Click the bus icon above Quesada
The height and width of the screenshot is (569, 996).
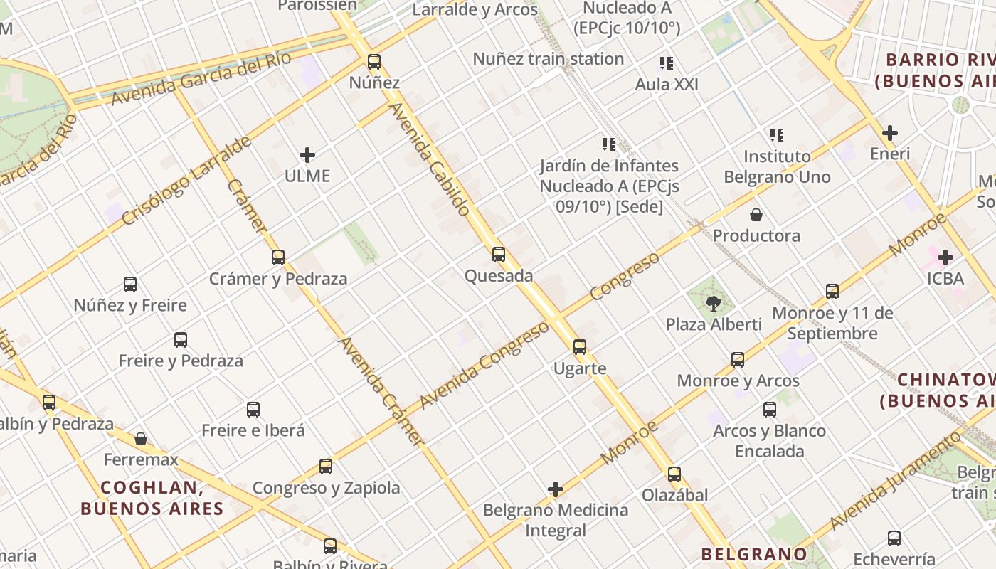coord(499,254)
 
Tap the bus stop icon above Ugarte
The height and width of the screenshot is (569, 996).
coord(580,347)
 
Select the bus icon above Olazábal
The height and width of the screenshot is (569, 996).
coord(674,474)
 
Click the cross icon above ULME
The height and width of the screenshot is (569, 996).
coord(307,154)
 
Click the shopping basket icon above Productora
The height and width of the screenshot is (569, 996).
coord(756,214)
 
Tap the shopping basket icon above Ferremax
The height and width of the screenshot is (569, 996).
coord(141,438)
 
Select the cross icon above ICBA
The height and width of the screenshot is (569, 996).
coord(945,257)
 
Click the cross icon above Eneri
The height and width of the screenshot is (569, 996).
coord(889,132)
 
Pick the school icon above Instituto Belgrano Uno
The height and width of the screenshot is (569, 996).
coord(777,134)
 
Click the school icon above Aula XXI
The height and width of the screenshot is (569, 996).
coord(667,63)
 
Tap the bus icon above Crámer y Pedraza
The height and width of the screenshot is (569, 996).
coord(278,257)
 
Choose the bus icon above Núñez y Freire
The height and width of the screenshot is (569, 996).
coord(130,284)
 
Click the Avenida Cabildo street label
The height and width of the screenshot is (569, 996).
coord(430,159)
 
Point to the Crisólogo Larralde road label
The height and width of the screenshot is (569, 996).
coord(186,181)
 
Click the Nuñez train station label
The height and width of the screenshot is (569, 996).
coord(549,59)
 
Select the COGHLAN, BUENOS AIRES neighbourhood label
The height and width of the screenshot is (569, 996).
coord(152,498)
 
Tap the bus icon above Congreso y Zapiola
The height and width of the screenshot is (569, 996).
coord(326,467)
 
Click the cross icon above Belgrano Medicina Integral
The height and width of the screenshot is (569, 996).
coord(556,489)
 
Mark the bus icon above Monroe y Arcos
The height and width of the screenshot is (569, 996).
coord(738,360)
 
